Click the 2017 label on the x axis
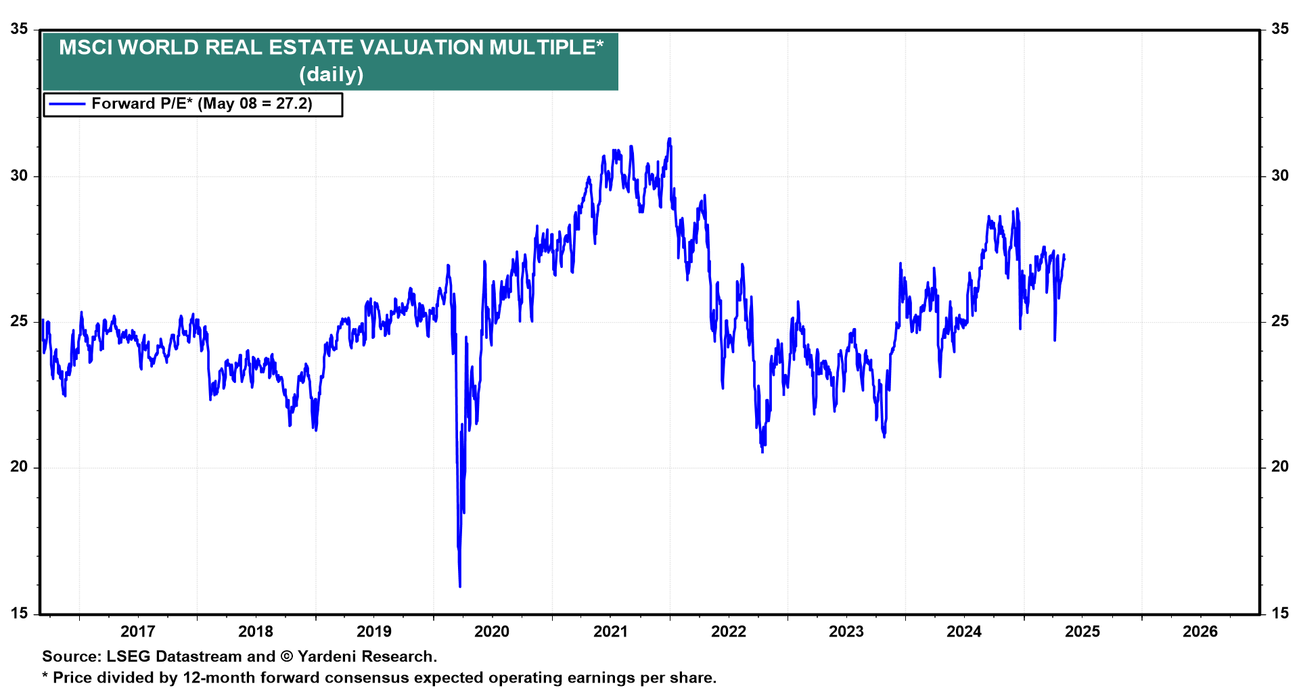coord(137,632)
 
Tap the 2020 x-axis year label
coord(492,632)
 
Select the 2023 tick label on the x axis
coord(846,632)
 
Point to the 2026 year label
coord(1200,632)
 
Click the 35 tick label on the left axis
coord(20,29)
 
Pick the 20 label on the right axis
coord(1279,467)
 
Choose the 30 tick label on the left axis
coord(20,176)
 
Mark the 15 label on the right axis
coord(1279,614)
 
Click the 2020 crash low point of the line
coord(460,586)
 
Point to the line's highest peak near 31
coord(670,139)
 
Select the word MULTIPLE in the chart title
coord(545,47)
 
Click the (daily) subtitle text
coord(332,74)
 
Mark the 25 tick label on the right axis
coord(1279,321)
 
